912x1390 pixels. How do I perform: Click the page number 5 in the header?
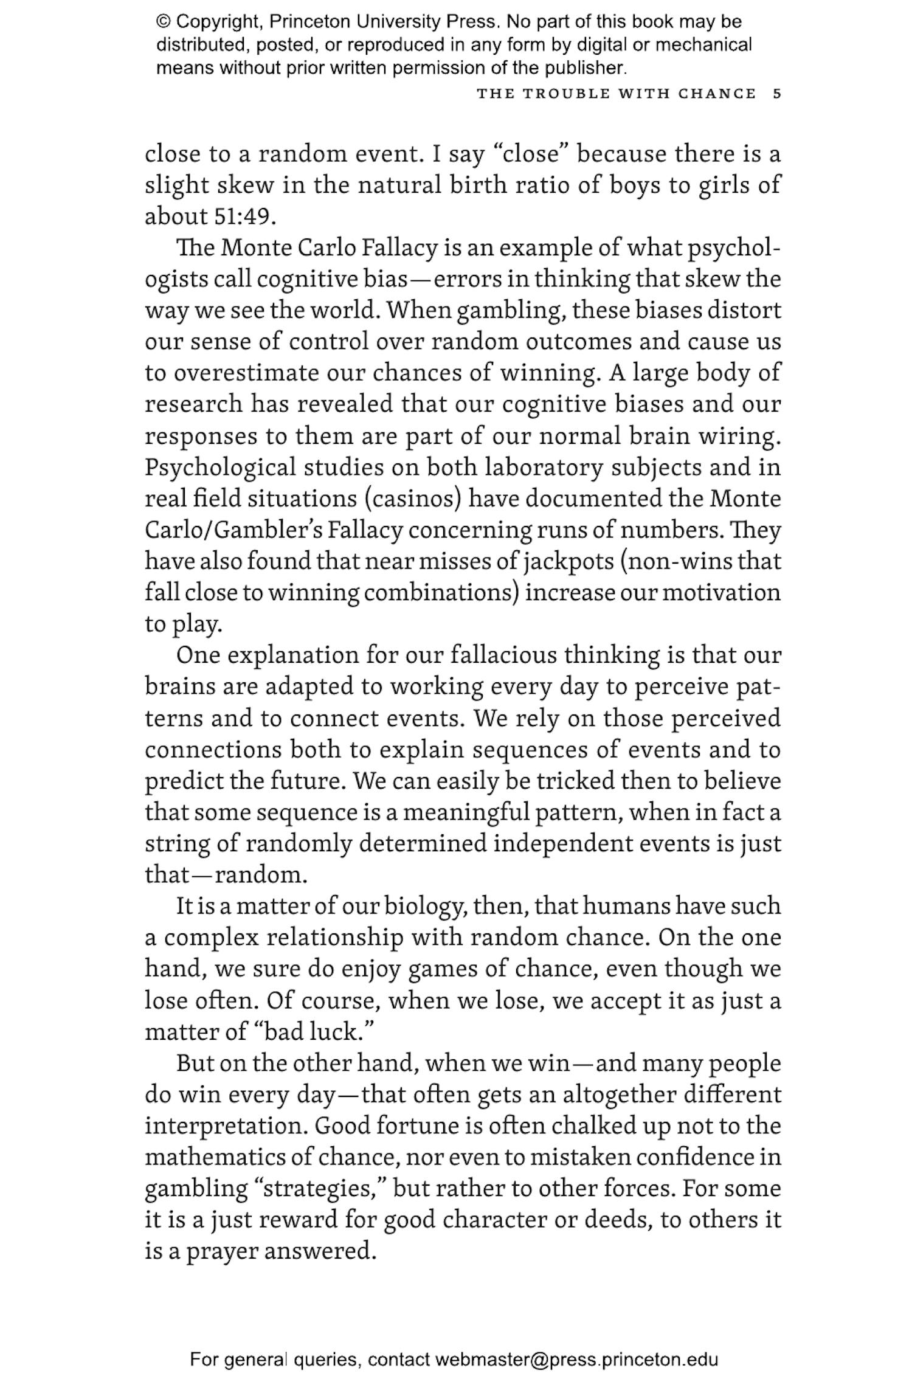click(x=776, y=94)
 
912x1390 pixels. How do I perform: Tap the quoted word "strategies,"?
click(x=320, y=1189)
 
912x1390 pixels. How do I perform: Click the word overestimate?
click(x=246, y=373)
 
